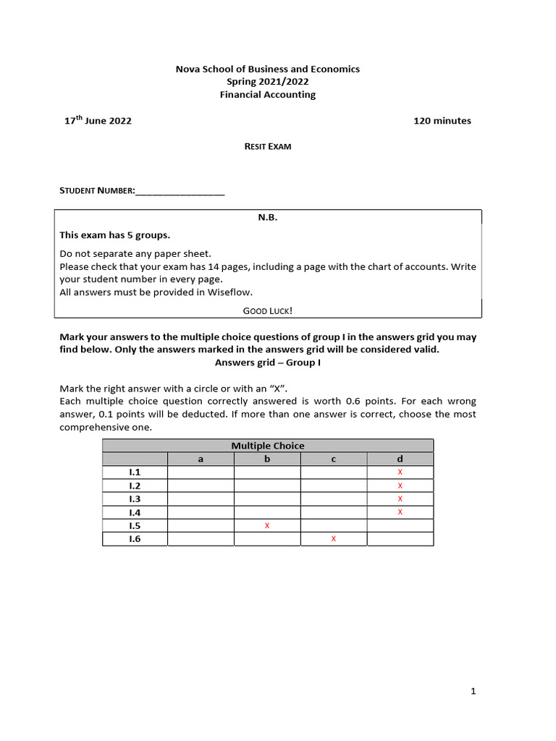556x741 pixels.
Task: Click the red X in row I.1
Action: tap(400, 473)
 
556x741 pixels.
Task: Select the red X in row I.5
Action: tap(267, 525)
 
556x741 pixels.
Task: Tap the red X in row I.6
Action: tap(334, 539)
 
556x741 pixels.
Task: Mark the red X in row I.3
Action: tap(400, 499)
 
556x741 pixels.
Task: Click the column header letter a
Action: tap(201, 459)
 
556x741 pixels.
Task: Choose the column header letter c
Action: tap(334, 459)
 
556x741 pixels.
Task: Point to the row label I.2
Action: tap(135, 486)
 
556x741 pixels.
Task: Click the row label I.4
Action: tap(135, 512)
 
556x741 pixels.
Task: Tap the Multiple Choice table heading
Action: tap(268, 446)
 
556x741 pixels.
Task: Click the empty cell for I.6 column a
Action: tap(201, 539)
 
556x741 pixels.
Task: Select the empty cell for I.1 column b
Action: tap(267, 473)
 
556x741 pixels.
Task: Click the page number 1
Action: tap(473, 692)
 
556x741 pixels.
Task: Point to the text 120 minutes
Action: tap(442, 121)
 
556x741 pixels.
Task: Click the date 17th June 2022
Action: tap(98, 121)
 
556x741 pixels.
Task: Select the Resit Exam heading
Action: tap(268, 146)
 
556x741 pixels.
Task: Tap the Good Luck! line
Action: tap(268, 310)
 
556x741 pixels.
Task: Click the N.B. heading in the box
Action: tap(268, 218)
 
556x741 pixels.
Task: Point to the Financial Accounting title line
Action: tap(268, 95)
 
